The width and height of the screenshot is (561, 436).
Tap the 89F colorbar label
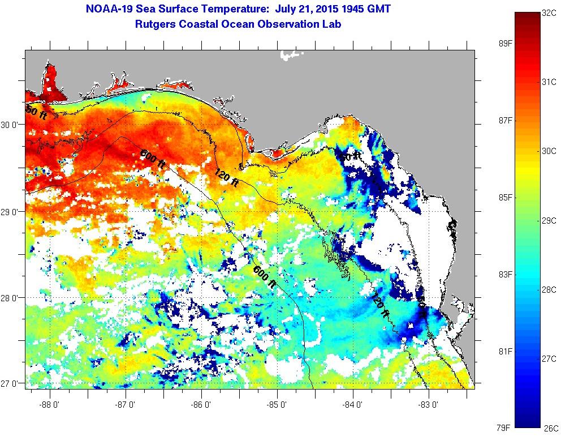491,44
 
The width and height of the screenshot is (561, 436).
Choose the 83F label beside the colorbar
491,275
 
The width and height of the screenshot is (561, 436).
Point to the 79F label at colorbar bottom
491,426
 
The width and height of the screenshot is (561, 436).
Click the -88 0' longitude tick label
50,396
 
